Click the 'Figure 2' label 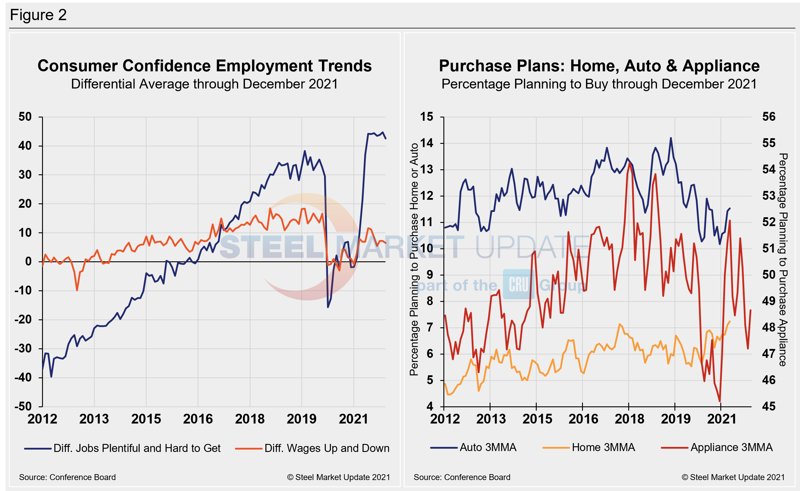coord(38,15)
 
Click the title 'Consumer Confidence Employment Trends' coord(204,66)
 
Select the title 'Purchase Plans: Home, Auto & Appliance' coord(599,66)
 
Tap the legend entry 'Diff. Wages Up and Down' coord(327,448)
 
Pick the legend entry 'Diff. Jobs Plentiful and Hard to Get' coord(137,448)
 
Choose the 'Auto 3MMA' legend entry coord(488,447)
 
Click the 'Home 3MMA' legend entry coord(603,447)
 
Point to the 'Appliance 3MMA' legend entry coord(731,447)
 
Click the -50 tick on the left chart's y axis coord(23,406)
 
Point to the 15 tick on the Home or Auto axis coord(426,117)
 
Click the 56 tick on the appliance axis coord(769,117)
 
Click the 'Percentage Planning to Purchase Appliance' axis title coord(783,260)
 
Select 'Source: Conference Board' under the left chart coord(67,477)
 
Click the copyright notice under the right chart coord(733,477)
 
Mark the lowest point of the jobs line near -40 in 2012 coord(51,377)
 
